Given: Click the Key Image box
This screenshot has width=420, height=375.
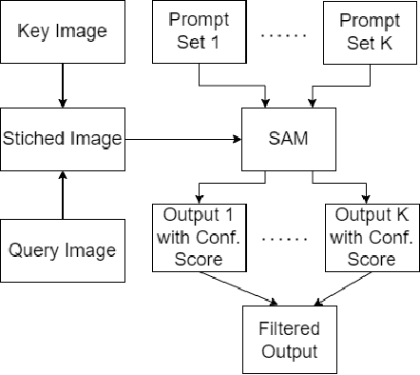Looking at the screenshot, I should pyautogui.click(x=61, y=32).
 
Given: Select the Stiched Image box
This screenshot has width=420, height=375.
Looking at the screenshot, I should pyautogui.click(x=63, y=139).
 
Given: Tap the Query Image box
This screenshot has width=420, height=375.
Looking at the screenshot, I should pyautogui.click(x=63, y=250).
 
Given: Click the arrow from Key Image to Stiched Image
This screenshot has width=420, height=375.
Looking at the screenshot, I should pyautogui.click(x=62, y=85).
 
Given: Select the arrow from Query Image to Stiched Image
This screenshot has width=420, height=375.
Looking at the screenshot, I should pyautogui.click(x=62, y=194).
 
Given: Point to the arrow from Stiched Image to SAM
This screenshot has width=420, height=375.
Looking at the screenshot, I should pyautogui.click(x=181, y=139).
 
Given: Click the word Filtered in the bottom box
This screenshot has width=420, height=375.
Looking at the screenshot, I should pyautogui.click(x=282, y=329).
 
